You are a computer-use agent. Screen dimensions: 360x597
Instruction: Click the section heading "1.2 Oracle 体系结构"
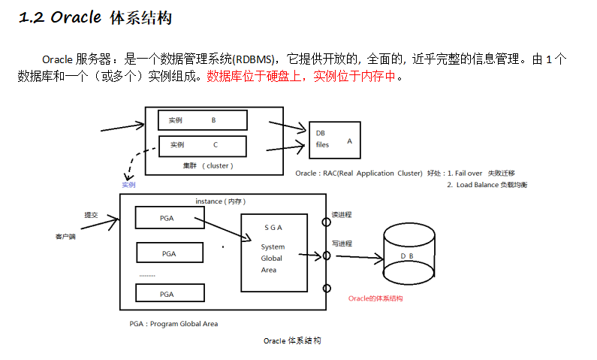pos(95,17)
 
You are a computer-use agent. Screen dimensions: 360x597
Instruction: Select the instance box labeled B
pos(202,119)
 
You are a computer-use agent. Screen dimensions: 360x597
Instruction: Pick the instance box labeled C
pos(202,144)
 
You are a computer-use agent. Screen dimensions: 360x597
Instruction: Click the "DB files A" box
pos(335,139)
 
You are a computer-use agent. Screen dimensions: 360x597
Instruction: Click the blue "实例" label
pos(128,184)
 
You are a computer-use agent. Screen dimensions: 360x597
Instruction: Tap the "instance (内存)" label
pos(221,201)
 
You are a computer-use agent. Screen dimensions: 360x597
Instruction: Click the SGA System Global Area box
pos(273,253)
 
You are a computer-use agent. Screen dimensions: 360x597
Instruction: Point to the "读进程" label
pos(342,215)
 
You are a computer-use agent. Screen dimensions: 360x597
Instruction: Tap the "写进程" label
pos(342,244)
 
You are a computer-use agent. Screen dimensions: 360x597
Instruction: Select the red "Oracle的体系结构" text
pos(375,298)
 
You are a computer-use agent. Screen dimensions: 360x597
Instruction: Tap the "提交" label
pos(91,215)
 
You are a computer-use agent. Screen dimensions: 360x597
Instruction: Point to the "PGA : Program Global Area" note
pos(173,324)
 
